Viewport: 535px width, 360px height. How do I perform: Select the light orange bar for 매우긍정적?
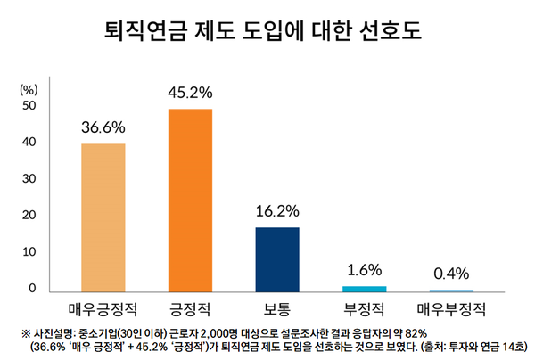pos(103,217)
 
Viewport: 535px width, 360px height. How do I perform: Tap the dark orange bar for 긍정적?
pos(191,200)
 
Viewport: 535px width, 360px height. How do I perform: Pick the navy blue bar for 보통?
pos(277,259)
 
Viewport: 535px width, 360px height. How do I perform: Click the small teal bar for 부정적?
pos(365,289)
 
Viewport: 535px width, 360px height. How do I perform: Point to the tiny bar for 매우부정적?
pos(451,290)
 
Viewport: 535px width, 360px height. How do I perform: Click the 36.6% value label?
pos(103,127)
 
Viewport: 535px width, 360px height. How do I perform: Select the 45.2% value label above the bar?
pos(191,92)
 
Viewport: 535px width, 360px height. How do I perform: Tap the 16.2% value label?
pos(277,211)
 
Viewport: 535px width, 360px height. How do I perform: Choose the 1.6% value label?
pos(365,269)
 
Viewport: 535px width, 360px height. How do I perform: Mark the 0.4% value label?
pos(451,274)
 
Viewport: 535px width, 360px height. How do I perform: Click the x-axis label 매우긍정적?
pos(103,310)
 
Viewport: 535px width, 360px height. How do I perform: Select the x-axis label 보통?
pos(277,310)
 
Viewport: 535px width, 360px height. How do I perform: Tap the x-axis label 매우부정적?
pos(451,310)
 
